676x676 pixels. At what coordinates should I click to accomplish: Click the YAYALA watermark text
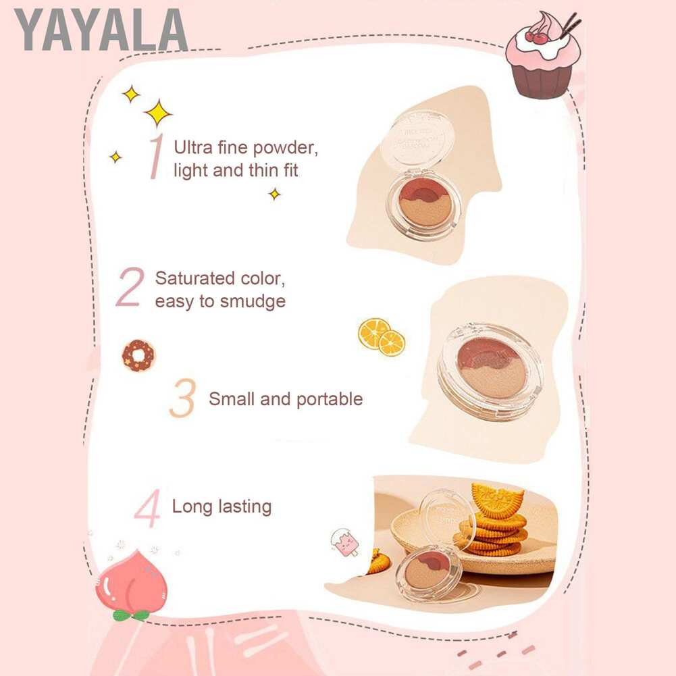point(101,30)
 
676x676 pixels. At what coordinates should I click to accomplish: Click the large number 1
point(156,157)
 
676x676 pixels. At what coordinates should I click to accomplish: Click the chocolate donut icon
point(138,355)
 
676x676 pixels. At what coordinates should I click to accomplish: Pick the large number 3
point(182,398)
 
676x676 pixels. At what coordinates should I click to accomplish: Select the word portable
point(327,399)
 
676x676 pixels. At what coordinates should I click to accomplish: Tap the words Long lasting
point(222,506)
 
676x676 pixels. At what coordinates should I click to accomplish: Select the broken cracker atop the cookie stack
point(498,500)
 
